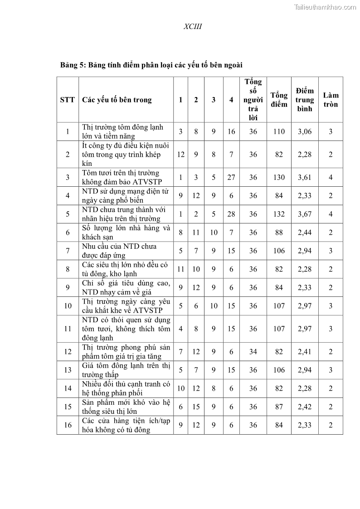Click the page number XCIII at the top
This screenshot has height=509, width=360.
(x=193, y=27)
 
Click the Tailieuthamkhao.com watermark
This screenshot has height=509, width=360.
(x=325, y=7)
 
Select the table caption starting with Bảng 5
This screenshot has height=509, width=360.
(x=151, y=65)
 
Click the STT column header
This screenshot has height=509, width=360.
(x=68, y=100)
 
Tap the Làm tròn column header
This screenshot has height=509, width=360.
(x=331, y=100)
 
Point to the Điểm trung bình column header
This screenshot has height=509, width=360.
(x=305, y=100)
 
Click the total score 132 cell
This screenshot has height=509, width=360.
(x=279, y=214)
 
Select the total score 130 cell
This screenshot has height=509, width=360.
(x=279, y=177)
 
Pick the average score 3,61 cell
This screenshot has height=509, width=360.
(x=305, y=177)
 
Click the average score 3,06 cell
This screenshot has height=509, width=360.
(x=305, y=131)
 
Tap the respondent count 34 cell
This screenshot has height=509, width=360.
(x=253, y=352)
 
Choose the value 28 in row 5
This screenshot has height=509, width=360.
(x=231, y=214)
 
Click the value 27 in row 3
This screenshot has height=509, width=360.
(x=231, y=177)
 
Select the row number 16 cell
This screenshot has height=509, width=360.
(x=68, y=425)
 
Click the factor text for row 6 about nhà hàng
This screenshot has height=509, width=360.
(x=126, y=233)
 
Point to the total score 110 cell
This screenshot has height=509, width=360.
(x=279, y=131)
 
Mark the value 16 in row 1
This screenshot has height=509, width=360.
(x=231, y=131)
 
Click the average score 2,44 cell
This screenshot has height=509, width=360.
(x=305, y=233)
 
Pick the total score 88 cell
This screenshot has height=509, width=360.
(x=279, y=233)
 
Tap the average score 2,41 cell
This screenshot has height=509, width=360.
(x=305, y=352)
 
